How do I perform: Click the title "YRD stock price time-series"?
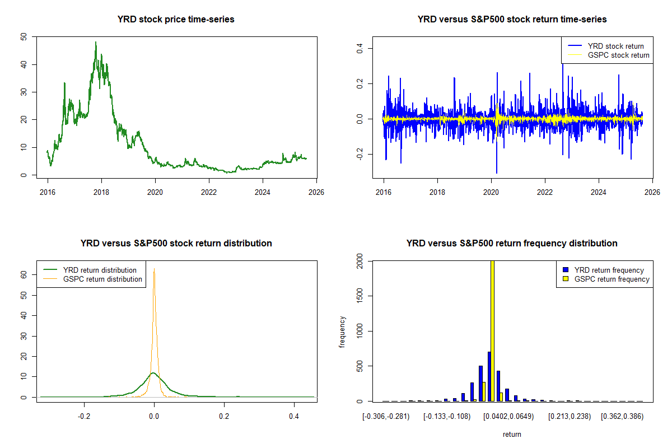point(176,20)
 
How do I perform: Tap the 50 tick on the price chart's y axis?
point(23,37)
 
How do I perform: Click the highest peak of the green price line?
point(96,42)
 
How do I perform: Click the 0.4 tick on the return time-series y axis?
point(359,48)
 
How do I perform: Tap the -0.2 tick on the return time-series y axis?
point(359,155)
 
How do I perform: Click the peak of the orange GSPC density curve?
point(154,269)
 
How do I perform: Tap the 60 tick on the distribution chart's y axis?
point(23,275)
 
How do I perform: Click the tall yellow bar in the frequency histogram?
point(492,330)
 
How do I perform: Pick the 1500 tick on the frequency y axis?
point(359,296)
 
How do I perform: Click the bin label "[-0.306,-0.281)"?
point(386,417)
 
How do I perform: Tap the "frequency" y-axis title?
point(342,332)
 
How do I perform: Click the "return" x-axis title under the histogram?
point(512,434)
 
